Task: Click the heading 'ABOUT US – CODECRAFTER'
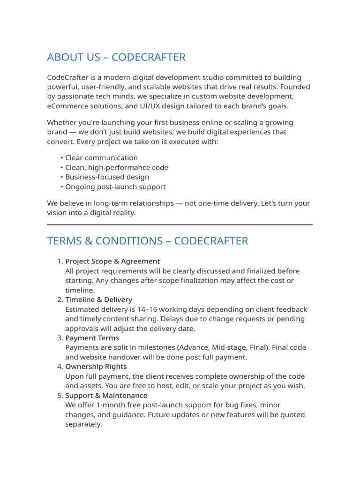[116, 57]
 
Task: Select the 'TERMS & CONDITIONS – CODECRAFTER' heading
[148, 241]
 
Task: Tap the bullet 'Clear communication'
[101, 158]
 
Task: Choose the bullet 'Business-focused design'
[107, 177]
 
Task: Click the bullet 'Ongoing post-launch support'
[115, 187]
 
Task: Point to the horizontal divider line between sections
[180, 225]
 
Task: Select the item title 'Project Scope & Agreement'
[112, 261]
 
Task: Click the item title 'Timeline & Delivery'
[98, 300]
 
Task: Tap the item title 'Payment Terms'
[92, 338]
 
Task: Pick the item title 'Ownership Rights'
[96, 367]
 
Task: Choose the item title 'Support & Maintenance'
[106, 396]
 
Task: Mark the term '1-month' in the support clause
[102, 405]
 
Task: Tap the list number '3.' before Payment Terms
[60, 338]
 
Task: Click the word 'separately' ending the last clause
[82, 424]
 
